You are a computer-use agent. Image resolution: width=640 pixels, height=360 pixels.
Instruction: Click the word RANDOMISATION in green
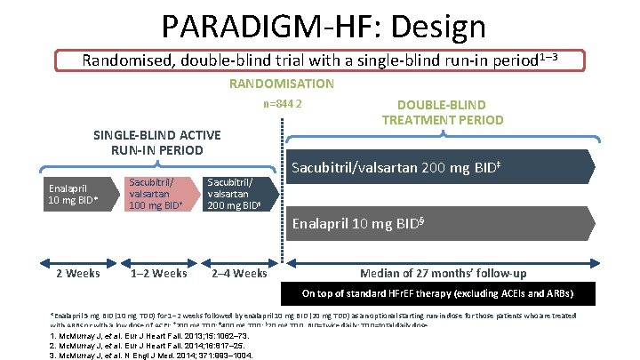click(282, 84)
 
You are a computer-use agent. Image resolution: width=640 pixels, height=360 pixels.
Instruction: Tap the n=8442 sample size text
click(283, 105)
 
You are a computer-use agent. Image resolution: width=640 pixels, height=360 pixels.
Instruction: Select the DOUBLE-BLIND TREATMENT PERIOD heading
click(430, 111)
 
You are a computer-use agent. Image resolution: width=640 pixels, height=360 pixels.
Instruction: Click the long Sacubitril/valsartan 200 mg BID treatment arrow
click(444, 166)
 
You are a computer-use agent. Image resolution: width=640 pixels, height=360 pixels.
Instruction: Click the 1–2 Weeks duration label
click(158, 273)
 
